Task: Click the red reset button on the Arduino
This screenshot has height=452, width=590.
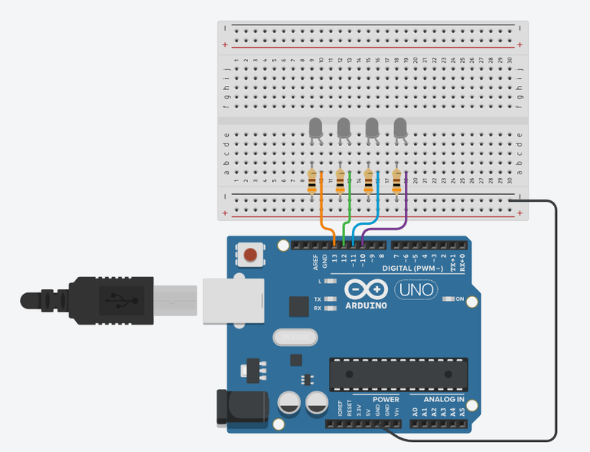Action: click(249, 255)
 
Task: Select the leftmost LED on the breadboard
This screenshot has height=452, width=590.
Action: click(315, 128)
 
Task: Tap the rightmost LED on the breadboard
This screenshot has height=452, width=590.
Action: click(400, 128)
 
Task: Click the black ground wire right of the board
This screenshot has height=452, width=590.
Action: click(555, 322)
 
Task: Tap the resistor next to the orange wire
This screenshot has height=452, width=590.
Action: click(312, 182)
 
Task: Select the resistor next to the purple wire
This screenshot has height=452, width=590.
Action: click(397, 181)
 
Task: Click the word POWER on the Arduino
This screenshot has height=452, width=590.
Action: click(386, 399)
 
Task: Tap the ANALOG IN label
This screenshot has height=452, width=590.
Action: click(444, 399)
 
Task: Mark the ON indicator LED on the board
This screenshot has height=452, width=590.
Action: click(449, 299)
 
